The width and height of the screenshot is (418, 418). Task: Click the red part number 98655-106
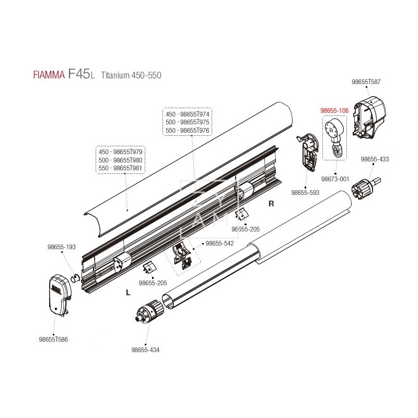tap(334, 111)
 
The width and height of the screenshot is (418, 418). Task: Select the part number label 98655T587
tap(366, 82)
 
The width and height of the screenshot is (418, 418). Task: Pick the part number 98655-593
tap(306, 193)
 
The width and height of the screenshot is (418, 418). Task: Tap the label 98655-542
tap(219, 243)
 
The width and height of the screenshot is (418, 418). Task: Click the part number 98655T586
tap(53, 339)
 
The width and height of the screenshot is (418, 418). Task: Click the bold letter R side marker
tap(271, 204)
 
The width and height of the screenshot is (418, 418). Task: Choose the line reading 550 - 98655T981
tap(121, 168)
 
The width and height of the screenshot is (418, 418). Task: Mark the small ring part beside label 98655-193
tap(75, 276)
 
